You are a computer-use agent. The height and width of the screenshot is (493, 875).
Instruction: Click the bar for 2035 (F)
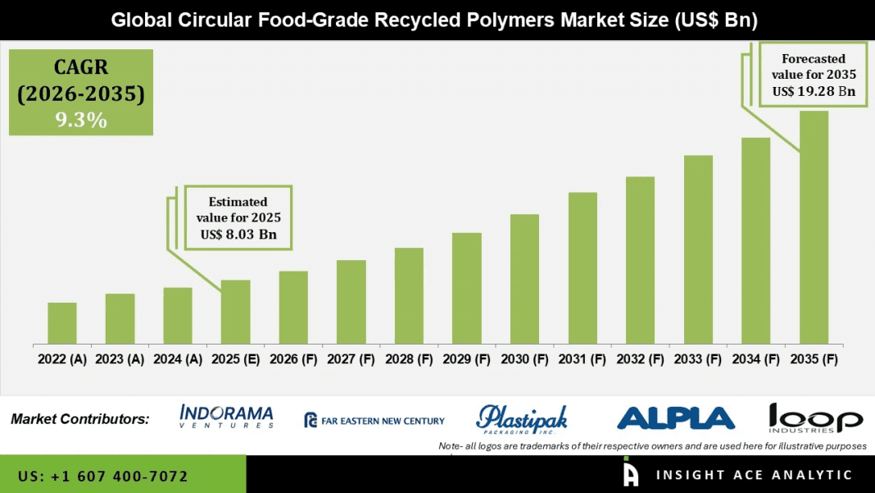point(814,227)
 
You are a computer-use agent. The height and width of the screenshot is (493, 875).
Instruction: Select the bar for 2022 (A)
point(62,323)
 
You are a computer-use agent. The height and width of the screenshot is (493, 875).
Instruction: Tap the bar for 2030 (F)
point(524,279)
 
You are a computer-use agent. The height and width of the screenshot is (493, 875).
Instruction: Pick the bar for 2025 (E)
point(235,312)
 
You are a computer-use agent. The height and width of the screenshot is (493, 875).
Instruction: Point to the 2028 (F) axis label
point(409,358)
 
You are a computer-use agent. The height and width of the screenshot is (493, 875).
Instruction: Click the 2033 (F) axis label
point(698,358)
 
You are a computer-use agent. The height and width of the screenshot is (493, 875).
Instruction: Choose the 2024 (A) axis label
point(178,358)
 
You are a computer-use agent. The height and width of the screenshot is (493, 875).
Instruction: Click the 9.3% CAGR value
point(81,120)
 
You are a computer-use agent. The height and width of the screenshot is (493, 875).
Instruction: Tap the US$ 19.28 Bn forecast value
point(814,91)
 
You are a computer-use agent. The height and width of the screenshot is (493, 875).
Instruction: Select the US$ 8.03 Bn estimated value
point(238,235)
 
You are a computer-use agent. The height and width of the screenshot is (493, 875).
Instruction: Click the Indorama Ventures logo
point(226,417)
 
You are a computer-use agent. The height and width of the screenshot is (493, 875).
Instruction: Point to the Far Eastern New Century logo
point(374,421)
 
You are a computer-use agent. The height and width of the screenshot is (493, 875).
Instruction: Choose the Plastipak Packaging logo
point(522,419)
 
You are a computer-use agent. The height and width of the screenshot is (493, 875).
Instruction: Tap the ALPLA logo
point(676,418)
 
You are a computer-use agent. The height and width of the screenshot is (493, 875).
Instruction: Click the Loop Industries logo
point(815,418)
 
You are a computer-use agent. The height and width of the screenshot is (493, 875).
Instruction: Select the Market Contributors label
point(80,419)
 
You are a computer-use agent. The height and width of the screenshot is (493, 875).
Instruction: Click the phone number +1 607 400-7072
point(102,476)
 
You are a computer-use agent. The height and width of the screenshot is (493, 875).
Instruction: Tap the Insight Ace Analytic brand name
point(754,475)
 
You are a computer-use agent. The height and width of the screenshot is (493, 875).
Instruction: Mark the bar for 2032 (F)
point(640,260)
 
